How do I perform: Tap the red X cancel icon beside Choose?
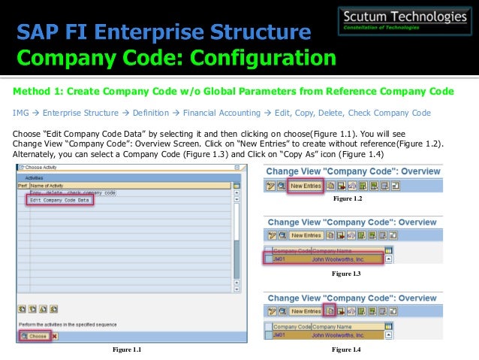point(55,336)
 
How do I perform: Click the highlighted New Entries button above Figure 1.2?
point(306,185)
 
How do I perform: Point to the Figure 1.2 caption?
point(346,198)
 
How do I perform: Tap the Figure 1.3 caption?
point(346,274)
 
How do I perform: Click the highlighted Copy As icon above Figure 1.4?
point(330,311)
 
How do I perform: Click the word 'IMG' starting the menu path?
point(20,113)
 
